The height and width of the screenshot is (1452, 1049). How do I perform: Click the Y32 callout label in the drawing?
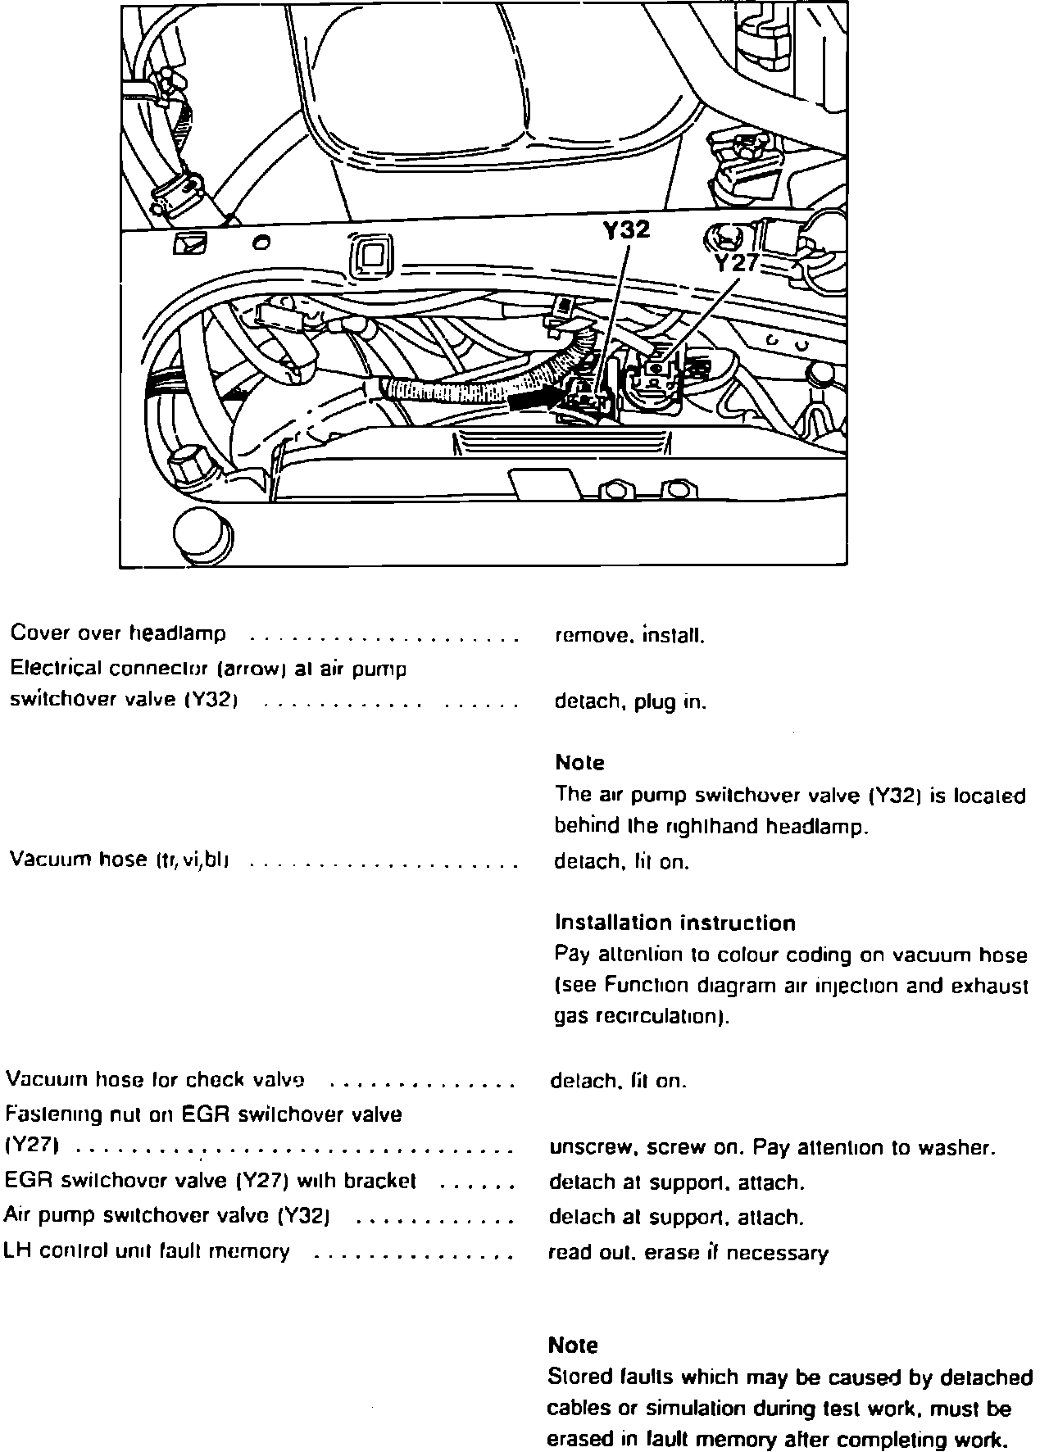pyautogui.click(x=626, y=230)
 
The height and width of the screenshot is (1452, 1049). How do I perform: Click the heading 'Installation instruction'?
pyautogui.click(x=675, y=923)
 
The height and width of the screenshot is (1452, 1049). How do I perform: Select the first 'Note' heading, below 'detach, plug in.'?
pyautogui.click(x=579, y=763)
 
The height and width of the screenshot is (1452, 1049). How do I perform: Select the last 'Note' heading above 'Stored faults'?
pyautogui.click(x=572, y=1345)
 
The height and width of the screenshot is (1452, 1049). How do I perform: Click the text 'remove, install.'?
pyautogui.click(x=629, y=635)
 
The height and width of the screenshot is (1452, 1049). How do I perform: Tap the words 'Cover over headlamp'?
pyautogui.click(x=118, y=633)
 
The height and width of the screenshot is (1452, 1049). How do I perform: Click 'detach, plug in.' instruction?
pyautogui.click(x=630, y=702)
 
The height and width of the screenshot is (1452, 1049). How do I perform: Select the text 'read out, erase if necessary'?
pyautogui.click(x=688, y=1253)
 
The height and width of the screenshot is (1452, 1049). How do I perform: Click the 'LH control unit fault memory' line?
pyautogui.click(x=147, y=1251)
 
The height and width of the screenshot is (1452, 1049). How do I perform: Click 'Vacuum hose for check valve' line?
pyautogui.click(x=156, y=1080)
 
